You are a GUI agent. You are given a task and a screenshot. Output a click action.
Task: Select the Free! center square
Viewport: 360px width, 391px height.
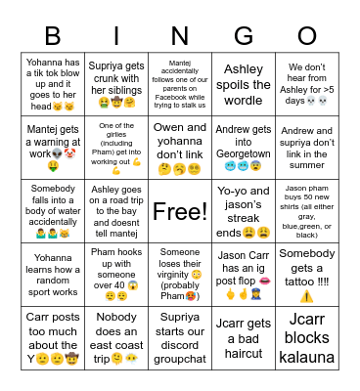coord(180,211)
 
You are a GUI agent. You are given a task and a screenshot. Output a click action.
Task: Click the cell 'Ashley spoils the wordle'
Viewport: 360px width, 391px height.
coord(244,85)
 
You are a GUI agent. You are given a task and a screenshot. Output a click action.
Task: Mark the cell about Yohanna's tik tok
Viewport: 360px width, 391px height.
coord(53,85)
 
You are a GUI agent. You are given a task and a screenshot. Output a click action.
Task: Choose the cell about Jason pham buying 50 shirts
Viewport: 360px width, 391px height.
coord(307,211)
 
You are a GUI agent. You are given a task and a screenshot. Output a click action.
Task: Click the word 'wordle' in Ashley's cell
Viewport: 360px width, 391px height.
coord(244,101)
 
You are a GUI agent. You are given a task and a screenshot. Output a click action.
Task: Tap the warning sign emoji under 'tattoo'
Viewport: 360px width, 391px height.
coord(307,296)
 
